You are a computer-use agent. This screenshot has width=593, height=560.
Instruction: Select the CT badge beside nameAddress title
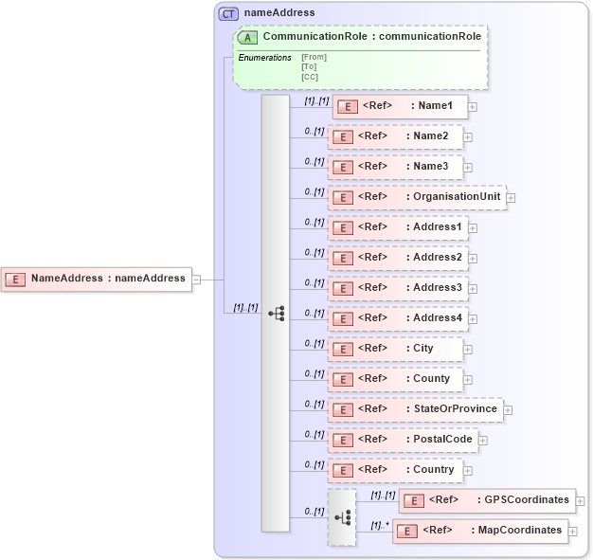tap(228, 13)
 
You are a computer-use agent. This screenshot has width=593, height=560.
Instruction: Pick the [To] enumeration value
tap(309, 66)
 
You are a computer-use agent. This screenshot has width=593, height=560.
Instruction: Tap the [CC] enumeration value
tap(310, 77)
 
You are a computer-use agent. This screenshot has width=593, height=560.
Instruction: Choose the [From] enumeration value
tap(314, 57)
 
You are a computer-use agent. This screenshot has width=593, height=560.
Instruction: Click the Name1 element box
tap(400, 106)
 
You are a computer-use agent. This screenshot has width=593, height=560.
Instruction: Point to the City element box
tap(395, 349)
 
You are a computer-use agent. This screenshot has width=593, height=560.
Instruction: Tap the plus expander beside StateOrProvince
tap(508, 410)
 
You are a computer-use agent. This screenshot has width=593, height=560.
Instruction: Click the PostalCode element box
tap(401, 440)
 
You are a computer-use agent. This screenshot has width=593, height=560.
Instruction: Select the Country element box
tap(395, 470)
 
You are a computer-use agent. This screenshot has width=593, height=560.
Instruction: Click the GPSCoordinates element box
tap(487, 500)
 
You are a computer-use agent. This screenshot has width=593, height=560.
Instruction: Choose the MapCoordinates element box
tap(480, 531)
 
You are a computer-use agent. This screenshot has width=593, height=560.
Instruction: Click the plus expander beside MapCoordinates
tap(573, 532)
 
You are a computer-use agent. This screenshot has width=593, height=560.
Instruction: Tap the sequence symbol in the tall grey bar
tap(277, 313)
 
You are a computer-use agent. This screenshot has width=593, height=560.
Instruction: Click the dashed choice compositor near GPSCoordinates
tap(342, 517)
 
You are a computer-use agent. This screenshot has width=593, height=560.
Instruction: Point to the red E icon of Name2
tap(342, 137)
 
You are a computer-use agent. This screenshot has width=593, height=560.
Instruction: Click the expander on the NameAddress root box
tap(196, 279)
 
